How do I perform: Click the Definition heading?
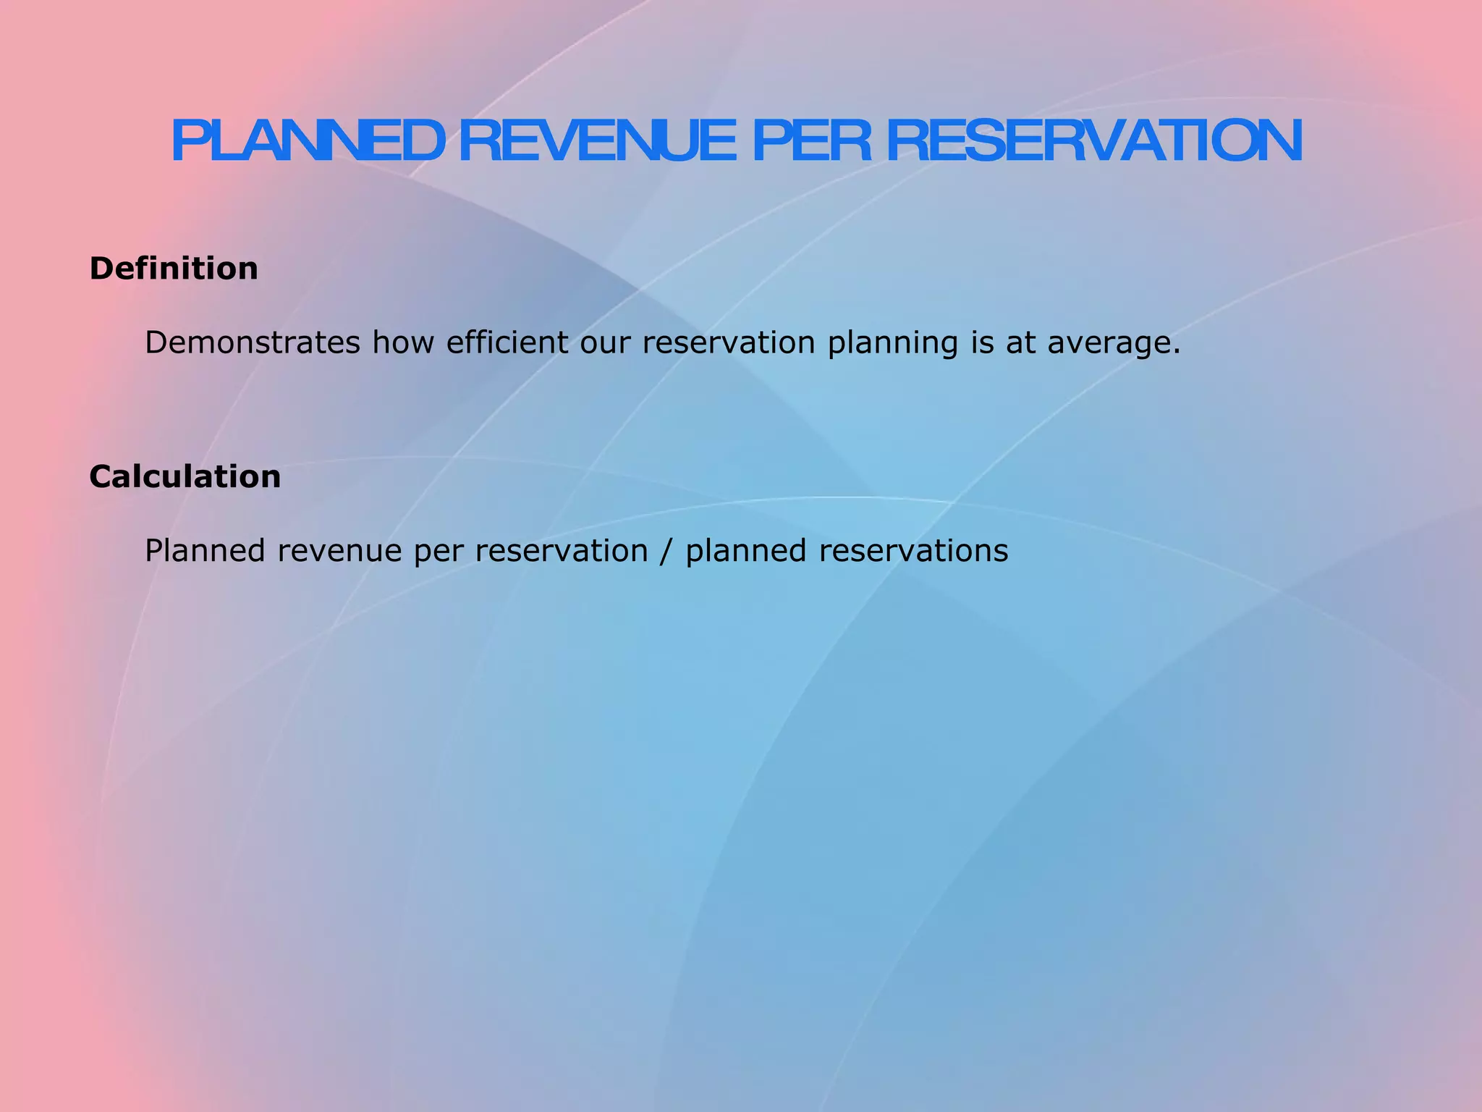[174, 269]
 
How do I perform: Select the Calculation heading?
[185, 477]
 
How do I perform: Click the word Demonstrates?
[253, 342]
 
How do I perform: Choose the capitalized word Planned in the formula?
[205, 551]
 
